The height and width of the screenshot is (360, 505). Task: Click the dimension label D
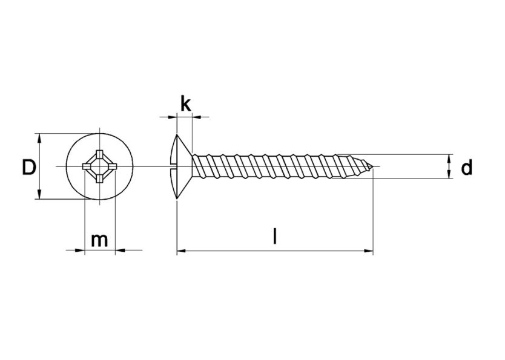click(28, 167)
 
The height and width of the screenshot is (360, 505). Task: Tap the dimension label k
click(185, 103)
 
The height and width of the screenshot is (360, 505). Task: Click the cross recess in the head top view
click(98, 166)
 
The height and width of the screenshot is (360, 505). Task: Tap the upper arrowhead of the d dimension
click(449, 158)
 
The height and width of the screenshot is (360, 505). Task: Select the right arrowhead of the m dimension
click(117, 249)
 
